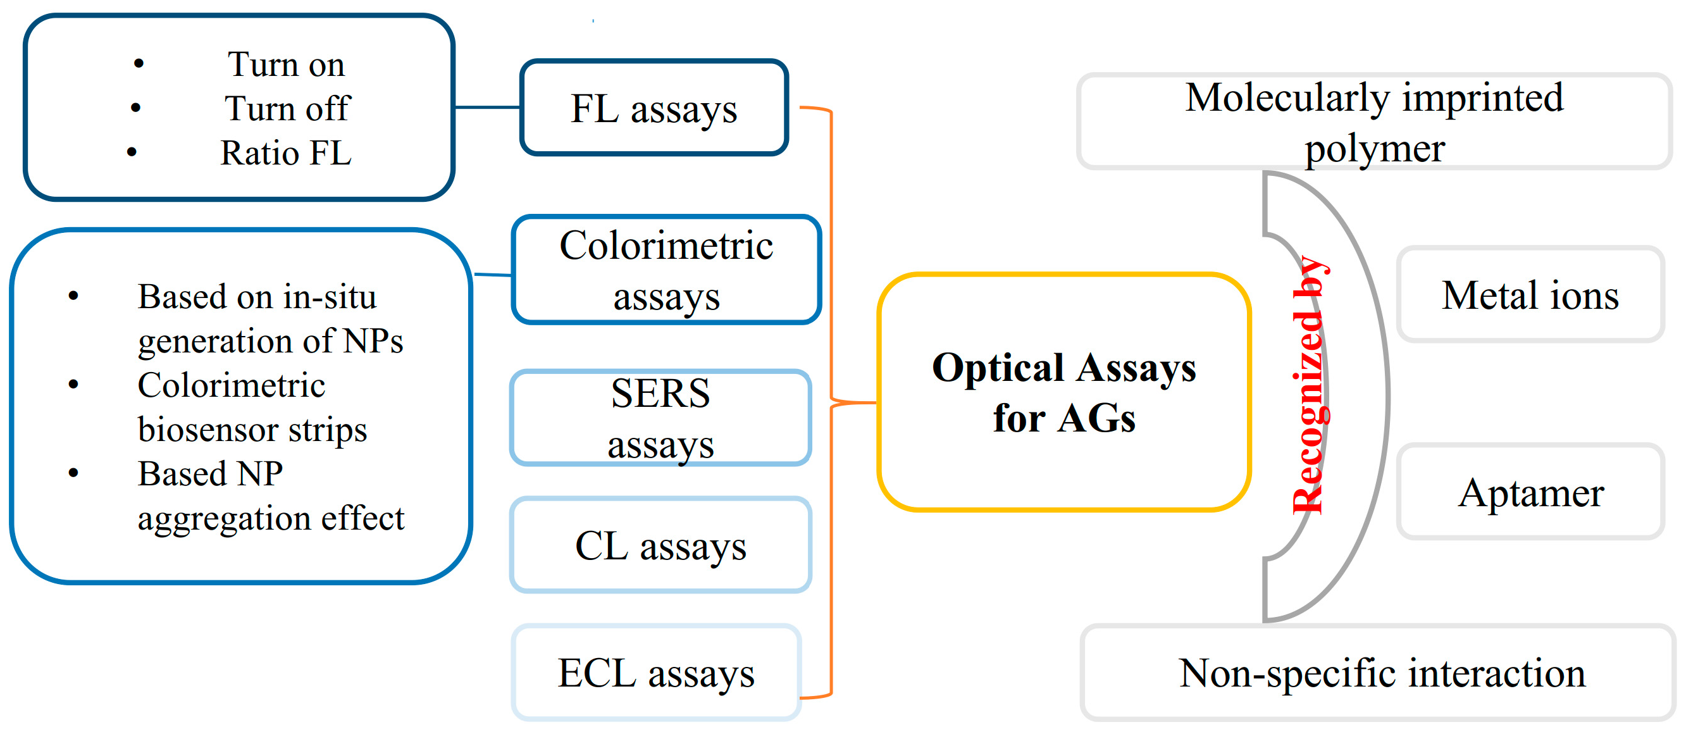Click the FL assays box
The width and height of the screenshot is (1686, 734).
click(x=654, y=108)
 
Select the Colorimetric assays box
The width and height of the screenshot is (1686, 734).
click(x=666, y=270)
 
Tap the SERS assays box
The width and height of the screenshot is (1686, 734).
click(x=660, y=418)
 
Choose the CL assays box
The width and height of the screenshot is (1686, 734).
click(x=660, y=545)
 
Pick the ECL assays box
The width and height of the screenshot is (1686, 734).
click(x=656, y=673)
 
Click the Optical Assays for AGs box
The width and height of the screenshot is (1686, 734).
click(x=1063, y=392)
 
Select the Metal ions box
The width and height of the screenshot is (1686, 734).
click(x=1530, y=295)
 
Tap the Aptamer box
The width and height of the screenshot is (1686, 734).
click(x=1530, y=492)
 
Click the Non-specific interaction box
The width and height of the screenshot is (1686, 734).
click(x=1381, y=673)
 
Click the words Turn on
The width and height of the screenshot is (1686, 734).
click(x=285, y=64)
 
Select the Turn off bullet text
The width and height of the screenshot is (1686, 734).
click(x=287, y=108)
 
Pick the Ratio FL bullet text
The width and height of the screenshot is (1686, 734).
click(x=285, y=152)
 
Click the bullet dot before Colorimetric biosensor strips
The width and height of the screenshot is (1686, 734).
click(x=73, y=384)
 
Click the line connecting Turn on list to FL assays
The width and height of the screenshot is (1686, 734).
click(x=487, y=107)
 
